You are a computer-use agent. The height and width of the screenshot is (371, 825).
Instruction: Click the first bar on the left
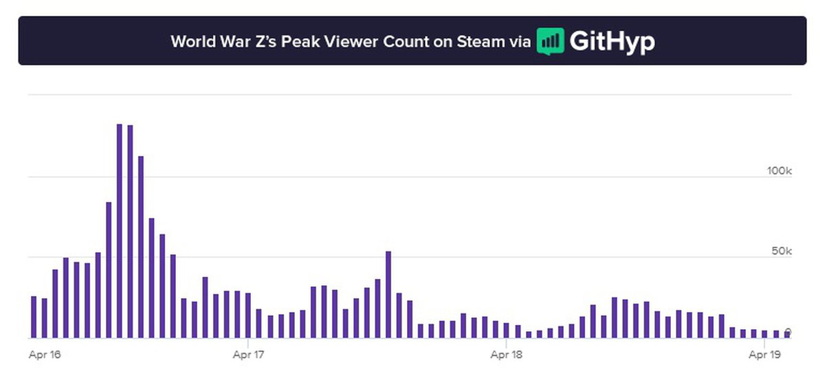[33, 317]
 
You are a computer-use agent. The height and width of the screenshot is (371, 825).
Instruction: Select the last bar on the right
[787, 334]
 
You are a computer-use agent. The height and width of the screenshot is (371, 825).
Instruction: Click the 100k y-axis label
[780, 170]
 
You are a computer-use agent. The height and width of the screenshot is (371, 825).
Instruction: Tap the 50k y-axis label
[782, 251]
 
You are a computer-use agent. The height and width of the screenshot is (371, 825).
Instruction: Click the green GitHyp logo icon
[550, 41]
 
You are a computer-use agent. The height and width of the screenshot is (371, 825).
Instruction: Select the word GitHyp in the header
[612, 41]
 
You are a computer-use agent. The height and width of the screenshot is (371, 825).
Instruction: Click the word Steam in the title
[480, 41]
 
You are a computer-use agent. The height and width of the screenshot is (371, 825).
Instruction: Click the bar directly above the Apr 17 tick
[248, 315]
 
